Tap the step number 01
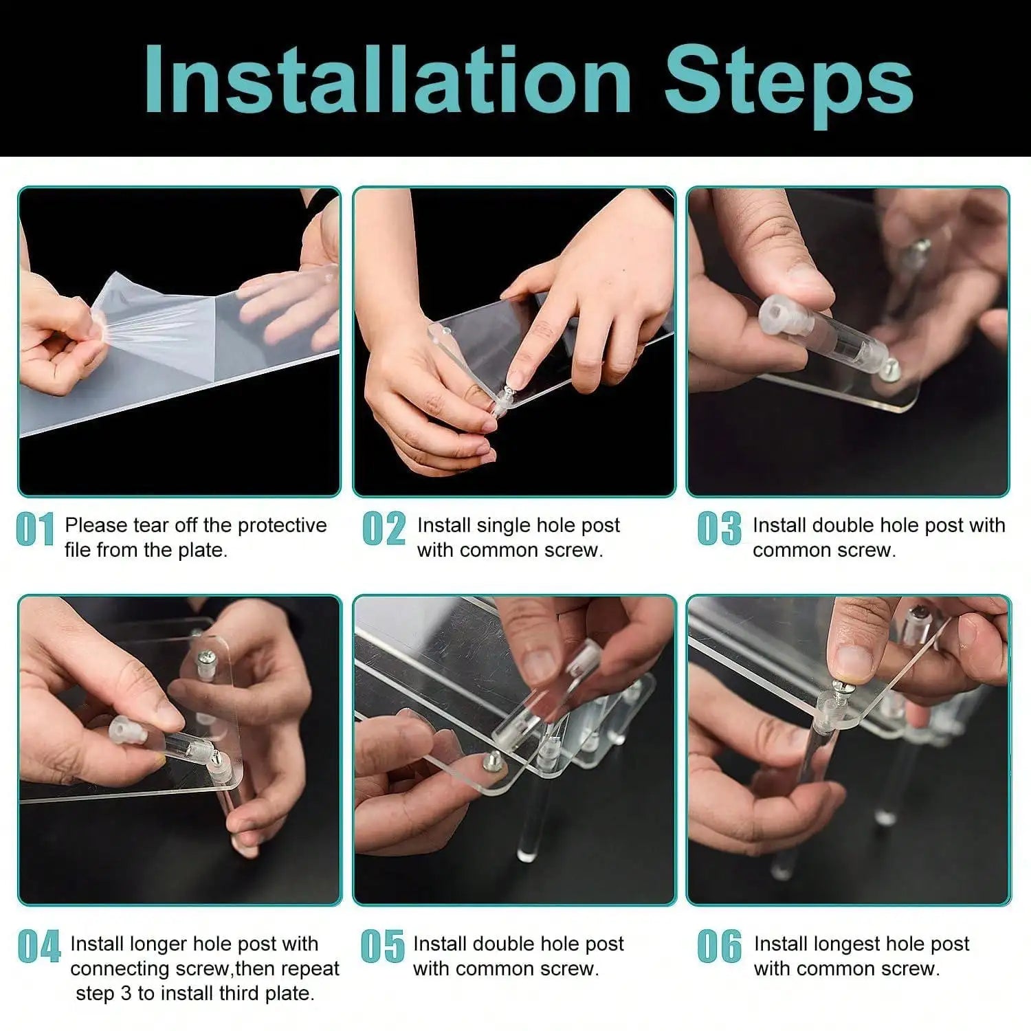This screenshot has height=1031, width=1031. [x=35, y=530]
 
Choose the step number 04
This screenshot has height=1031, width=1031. [x=40, y=947]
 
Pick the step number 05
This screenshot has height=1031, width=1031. [x=383, y=946]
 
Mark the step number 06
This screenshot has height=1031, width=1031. [x=720, y=946]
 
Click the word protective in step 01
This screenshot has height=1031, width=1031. [x=282, y=526]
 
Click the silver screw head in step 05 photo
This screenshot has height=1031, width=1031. [x=494, y=760]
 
